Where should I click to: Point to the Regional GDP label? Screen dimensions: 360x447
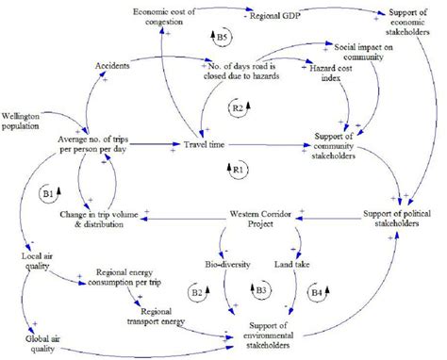[x=279, y=15]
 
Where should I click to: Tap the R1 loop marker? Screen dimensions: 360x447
[x=234, y=168]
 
